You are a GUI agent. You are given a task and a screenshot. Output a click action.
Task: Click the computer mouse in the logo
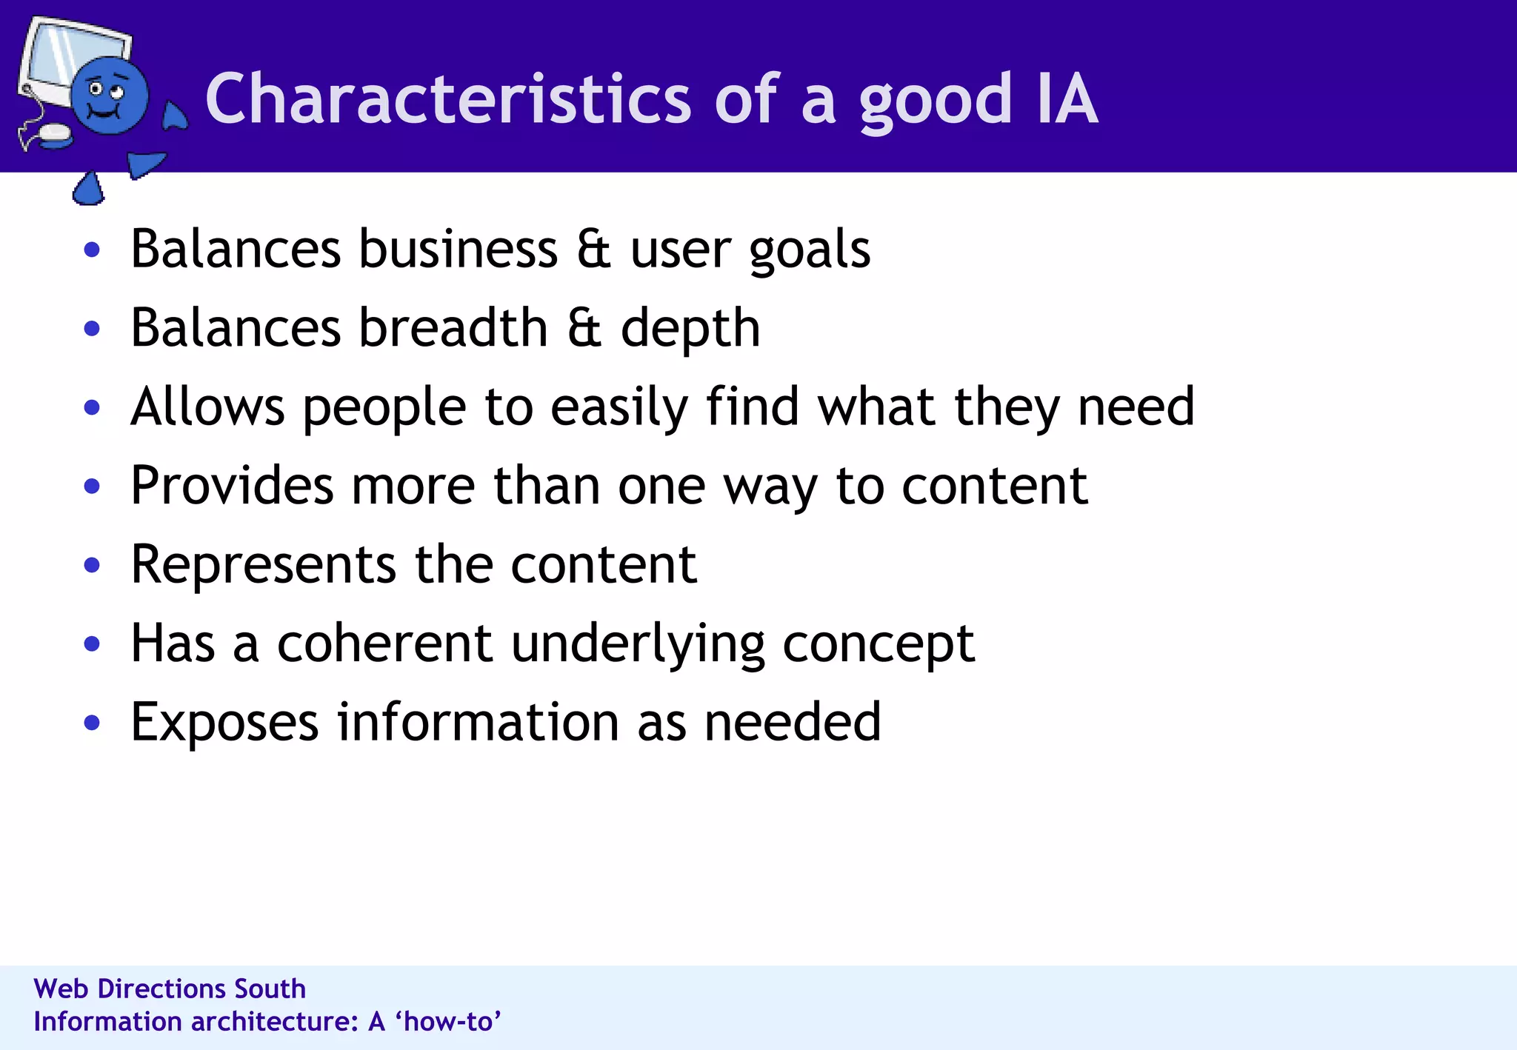point(54,134)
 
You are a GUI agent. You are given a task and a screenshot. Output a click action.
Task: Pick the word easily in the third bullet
point(619,408)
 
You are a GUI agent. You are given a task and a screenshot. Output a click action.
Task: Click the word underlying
point(638,644)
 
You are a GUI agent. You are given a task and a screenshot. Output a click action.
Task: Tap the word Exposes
point(224,723)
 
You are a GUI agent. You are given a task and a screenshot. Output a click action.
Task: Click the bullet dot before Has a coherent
point(92,643)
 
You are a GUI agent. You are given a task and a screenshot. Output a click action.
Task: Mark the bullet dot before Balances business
point(92,250)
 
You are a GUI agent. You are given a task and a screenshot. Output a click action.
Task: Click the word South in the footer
point(270,989)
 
